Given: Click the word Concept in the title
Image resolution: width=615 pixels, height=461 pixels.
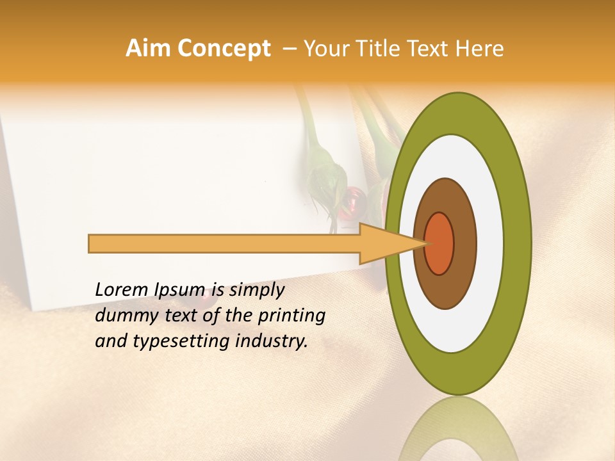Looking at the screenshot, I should pyautogui.click(x=223, y=49).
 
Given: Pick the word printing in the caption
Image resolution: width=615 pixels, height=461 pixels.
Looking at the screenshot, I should pyautogui.click(x=291, y=316).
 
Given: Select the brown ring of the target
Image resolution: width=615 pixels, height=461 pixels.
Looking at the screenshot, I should pyautogui.click(x=464, y=243).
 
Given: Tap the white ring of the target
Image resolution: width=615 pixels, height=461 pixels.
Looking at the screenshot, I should pyautogui.click(x=490, y=243).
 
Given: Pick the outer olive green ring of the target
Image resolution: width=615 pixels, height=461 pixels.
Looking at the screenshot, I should pyautogui.click(x=518, y=243).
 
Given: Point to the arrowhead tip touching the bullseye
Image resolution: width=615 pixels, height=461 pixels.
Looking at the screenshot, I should pyautogui.click(x=425, y=243).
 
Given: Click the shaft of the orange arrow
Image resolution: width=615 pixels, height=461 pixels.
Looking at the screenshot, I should pyautogui.click(x=224, y=244).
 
